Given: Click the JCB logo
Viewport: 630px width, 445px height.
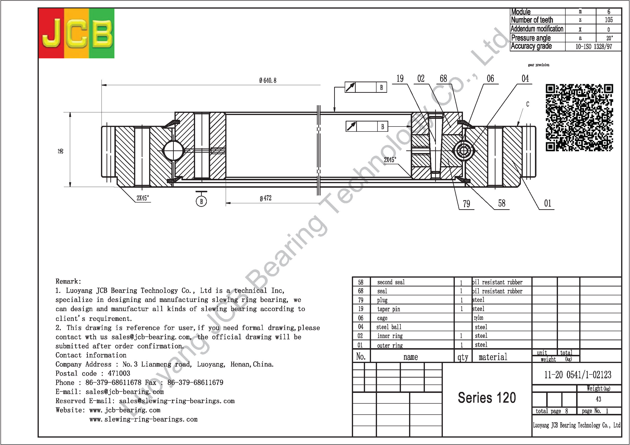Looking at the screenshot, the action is (77, 33).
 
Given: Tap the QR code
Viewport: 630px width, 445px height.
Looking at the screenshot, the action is (579, 118).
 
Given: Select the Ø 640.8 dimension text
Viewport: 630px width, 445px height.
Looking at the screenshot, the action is (268, 80).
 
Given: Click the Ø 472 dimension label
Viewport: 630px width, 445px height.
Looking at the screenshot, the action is (265, 198).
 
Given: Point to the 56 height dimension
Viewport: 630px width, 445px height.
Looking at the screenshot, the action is (61, 151).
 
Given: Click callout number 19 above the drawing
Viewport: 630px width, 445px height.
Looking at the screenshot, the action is (400, 79).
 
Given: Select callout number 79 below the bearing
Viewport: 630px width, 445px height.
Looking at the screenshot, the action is (467, 204).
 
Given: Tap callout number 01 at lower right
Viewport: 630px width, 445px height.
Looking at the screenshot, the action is (547, 203).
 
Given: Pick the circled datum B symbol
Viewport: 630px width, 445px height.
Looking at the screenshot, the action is (201, 201).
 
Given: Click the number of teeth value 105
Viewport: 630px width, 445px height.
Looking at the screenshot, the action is (609, 20).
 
